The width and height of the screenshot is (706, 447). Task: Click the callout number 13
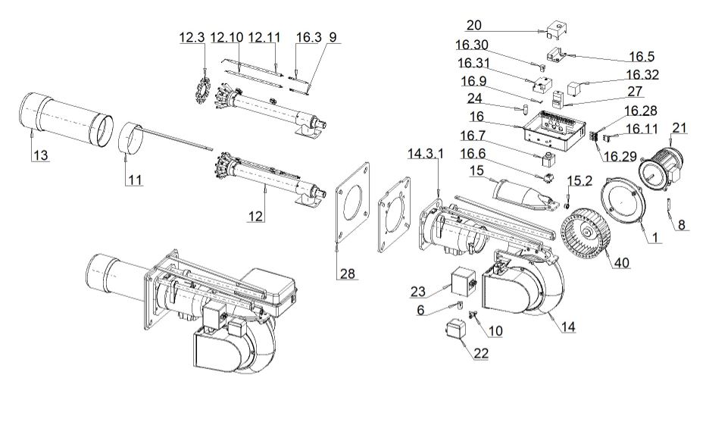click(x=40, y=156)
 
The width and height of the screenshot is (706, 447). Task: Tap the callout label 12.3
click(x=192, y=37)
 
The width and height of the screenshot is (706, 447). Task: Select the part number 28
click(x=347, y=274)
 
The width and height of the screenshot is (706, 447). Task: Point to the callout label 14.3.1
click(x=426, y=154)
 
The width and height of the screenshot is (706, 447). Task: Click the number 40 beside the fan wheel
click(x=622, y=262)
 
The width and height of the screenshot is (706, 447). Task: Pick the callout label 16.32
click(x=642, y=75)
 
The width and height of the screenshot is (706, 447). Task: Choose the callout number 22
click(x=481, y=353)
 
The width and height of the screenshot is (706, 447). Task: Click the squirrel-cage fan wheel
click(x=585, y=235)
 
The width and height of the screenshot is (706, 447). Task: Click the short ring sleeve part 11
click(x=131, y=138)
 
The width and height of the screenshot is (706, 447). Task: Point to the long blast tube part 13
click(x=67, y=119)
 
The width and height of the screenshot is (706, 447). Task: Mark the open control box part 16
click(x=555, y=131)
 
